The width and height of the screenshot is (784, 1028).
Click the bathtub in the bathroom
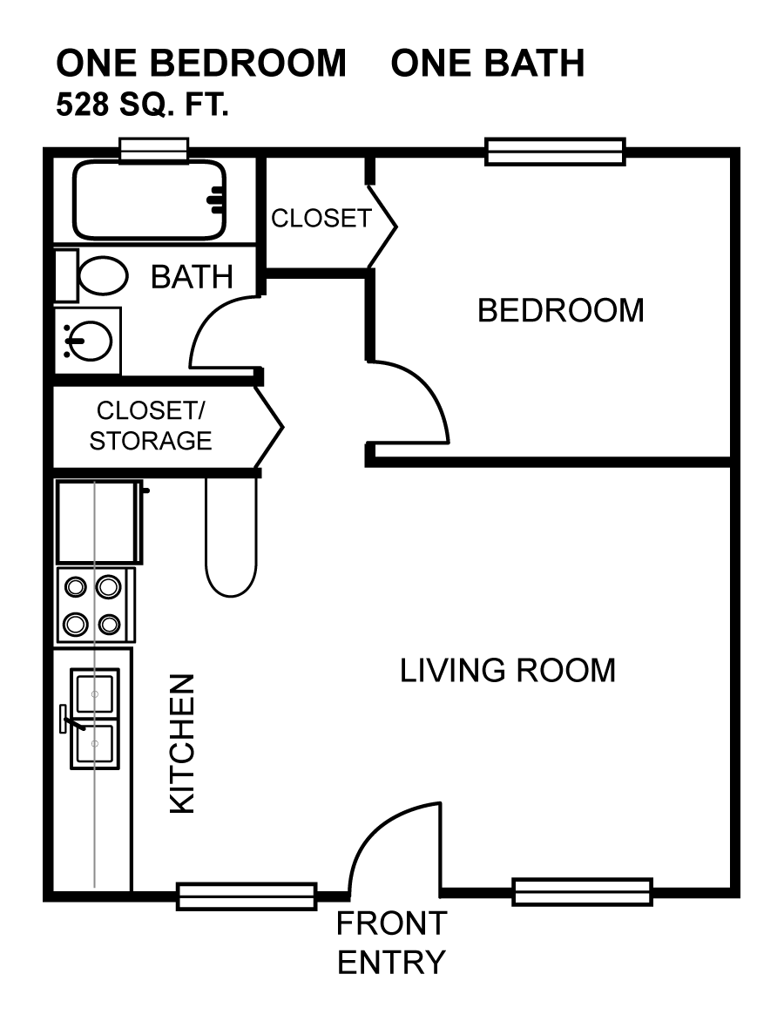pyautogui.click(x=150, y=200)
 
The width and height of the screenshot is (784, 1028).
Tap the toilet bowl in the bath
pyautogui.click(x=103, y=275)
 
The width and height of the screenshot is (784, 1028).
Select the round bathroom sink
pyautogui.click(x=87, y=341)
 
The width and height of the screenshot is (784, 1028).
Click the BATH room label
pyautogui.click(x=192, y=277)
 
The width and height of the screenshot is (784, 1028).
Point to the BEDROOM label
pyautogui.click(x=560, y=310)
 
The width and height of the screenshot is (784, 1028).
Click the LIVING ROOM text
pyautogui.click(x=508, y=670)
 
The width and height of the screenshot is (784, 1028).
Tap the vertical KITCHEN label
pyautogui.click(x=182, y=744)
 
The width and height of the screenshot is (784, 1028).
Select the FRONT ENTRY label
pyautogui.click(x=391, y=943)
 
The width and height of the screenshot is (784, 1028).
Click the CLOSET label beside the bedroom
pyautogui.click(x=321, y=219)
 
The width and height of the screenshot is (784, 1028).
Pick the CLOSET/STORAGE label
pyautogui.click(x=150, y=425)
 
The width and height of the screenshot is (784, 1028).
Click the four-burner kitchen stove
pyautogui.click(x=96, y=605)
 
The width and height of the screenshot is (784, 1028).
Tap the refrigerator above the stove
pyautogui.click(x=99, y=522)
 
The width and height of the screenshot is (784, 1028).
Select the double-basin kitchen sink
pyautogui.click(x=94, y=719)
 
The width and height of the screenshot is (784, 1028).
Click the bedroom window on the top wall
pyautogui.click(x=555, y=152)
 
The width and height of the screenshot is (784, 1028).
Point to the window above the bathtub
pyautogui.click(x=154, y=150)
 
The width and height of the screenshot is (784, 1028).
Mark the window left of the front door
pyautogui.click(x=247, y=896)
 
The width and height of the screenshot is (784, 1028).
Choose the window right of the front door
pyautogui.click(x=582, y=891)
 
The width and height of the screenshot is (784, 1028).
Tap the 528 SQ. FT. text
pyautogui.click(x=142, y=105)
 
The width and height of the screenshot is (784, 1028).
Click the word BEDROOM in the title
pyautogui.click(x=247, y=63)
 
